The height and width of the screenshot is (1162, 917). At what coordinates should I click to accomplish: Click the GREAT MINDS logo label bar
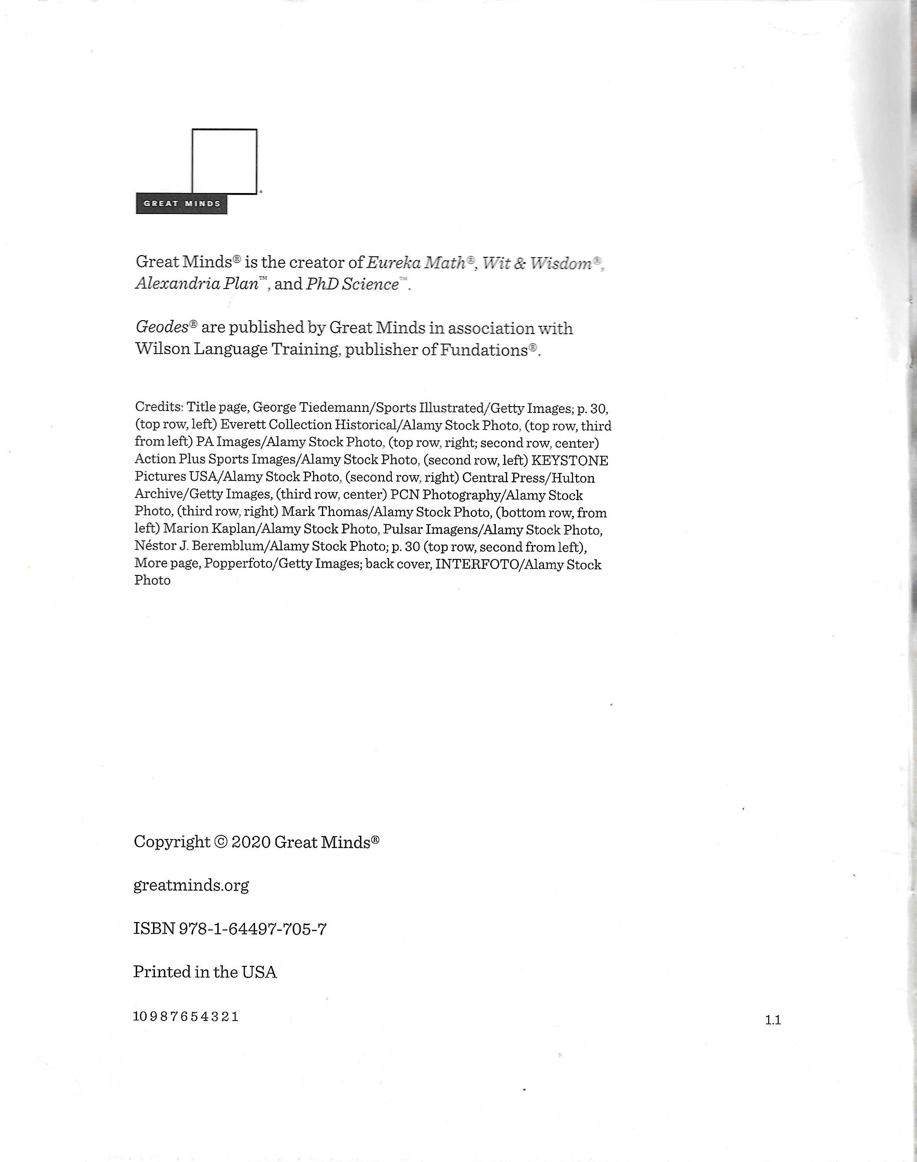(181, 204)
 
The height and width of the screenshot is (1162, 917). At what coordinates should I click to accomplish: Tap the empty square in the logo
(224, 161)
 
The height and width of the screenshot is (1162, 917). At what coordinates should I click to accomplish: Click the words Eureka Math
(416, 263)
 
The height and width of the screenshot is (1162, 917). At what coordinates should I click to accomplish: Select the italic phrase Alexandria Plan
(196, 283)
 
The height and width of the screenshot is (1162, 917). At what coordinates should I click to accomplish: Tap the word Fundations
(484, 350)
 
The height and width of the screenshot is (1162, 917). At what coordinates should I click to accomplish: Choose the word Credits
(158, 407)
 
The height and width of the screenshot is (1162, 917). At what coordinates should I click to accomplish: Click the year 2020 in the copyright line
(251, 842)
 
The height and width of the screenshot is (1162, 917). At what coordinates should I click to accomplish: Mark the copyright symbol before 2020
(221, 842)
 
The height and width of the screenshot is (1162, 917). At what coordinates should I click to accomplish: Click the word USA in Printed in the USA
(259, 972)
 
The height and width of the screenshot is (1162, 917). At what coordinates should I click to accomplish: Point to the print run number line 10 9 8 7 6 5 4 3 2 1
(186, 1016)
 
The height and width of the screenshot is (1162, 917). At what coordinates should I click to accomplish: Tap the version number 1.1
(773, 1020)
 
